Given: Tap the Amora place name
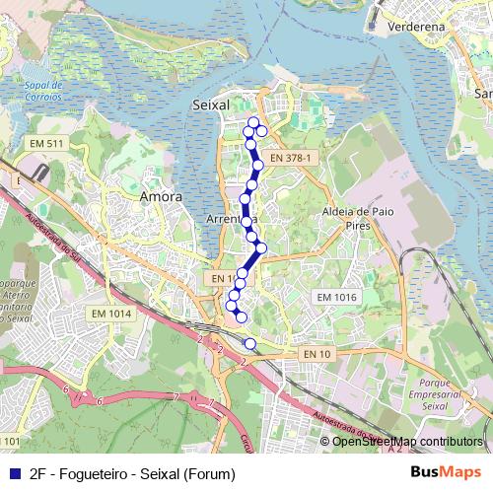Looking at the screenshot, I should click(162, 196).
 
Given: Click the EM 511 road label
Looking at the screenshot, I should click(47, 144).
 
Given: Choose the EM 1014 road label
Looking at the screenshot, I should click(110, 314).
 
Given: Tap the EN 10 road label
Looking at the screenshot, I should click(317, 353).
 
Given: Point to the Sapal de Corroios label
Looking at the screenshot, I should click(36, 93).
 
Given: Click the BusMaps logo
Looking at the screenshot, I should click(447, 473).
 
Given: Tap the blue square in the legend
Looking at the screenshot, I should click(13, 473).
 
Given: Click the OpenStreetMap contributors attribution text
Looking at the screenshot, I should click(406, 441).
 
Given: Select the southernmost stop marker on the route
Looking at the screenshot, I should click(249, 343).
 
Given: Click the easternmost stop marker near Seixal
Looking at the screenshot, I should click(262, 131).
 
